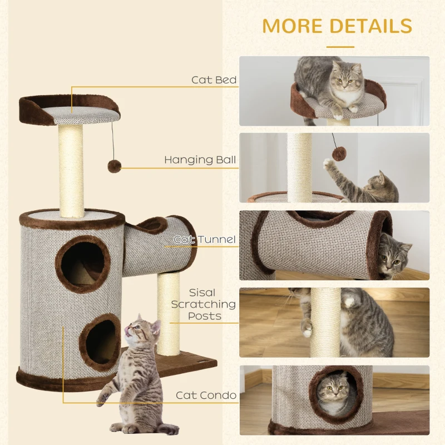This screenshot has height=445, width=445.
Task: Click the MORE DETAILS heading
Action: click(x=337, y=26)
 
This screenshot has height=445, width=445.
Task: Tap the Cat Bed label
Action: click(x=214, y=80)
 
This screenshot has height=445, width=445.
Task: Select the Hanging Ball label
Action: click(x=200, y=160)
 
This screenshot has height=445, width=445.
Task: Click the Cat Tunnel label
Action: click(x=205, y=240)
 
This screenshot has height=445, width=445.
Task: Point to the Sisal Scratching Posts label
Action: click(x=204, y=304)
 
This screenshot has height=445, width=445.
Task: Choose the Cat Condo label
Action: click(x=206, y=395)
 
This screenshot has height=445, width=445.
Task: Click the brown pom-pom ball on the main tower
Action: click(x=115, y=166)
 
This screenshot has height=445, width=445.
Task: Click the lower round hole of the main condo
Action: click(x=100, y=342)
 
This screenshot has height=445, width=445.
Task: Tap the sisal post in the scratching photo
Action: click(x=325, y=323)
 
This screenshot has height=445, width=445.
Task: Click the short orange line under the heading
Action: click(x=340, y=47)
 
